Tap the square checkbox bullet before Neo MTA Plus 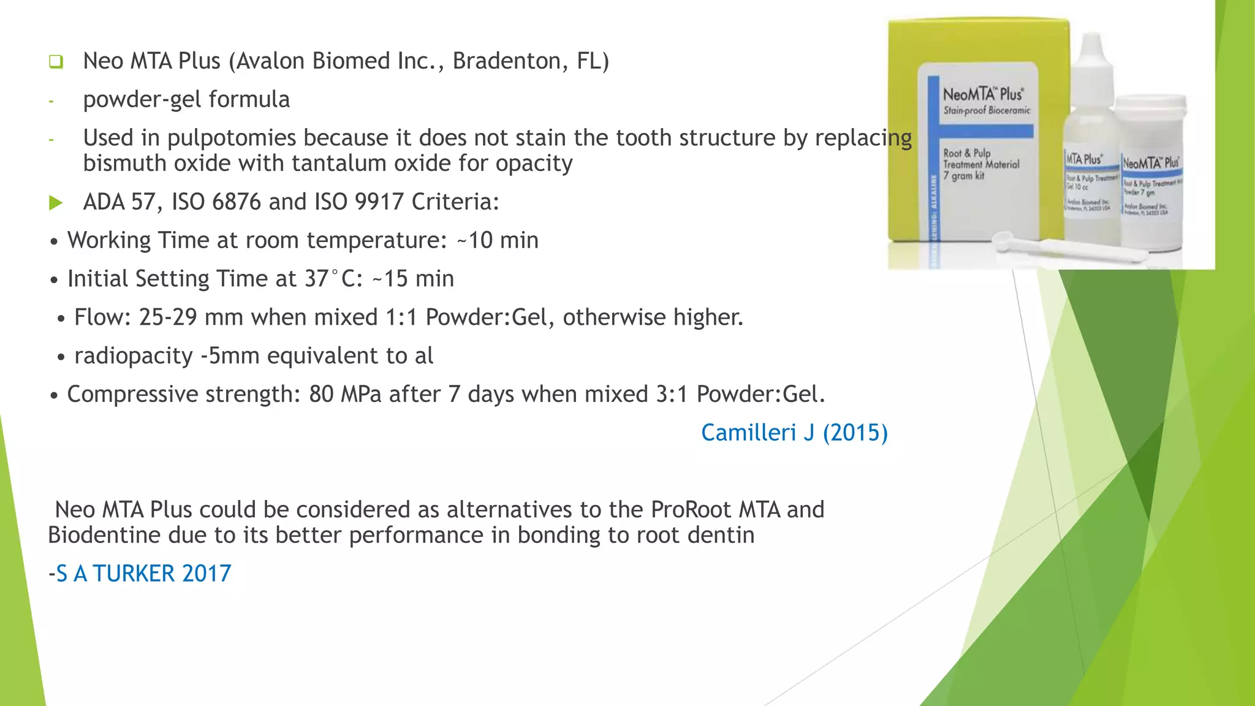[56, 62]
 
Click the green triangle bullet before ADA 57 [56, 203]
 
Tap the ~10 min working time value [498, 240]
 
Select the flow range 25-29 [168, 317]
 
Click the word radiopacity [134, 356]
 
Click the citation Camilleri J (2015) [794, 433]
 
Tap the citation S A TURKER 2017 [143, 574]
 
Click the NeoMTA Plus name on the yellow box [982, 94]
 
